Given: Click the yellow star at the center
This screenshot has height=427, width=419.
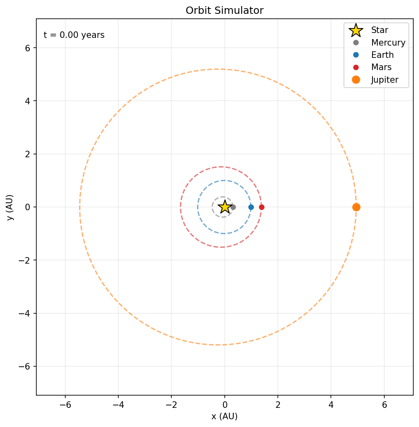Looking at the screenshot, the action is click(x=225, y=207).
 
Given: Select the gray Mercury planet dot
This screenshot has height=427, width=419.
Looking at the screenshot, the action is click(x=233, y=207).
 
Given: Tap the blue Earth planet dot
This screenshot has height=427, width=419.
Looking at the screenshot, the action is click(x=251, y=207).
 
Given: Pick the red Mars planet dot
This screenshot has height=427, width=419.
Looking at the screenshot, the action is click(x=262, y=207).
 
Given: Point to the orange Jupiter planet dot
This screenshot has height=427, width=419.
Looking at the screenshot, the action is click(x=356, y=207).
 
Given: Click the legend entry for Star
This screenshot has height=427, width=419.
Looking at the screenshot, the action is click(x=379, y=30).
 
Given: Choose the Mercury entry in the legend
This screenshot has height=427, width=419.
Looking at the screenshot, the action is click(x=388, y=43).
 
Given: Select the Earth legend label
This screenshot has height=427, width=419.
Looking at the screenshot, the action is click(x=382, y=55).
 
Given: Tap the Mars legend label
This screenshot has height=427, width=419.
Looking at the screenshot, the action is click(x=381, y=67).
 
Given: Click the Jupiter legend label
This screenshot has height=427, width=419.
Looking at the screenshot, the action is click(x=385, y=80).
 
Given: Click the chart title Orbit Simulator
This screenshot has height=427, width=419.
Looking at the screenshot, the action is click(x=225, y=10).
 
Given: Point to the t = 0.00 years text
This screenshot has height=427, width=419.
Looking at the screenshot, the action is click(x=74, y=35).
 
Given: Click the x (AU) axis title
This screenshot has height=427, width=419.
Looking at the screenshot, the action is click(x=225, y=416).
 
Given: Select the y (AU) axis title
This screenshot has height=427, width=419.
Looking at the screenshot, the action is click(x=10, y=207).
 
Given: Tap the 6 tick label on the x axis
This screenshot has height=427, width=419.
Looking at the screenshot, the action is click(x=384, y=405).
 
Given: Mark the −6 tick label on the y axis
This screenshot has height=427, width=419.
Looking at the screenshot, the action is click(x=24, y=367).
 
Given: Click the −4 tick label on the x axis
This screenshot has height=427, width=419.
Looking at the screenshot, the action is click(x=118, y=405).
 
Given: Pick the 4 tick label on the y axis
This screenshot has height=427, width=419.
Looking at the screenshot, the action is click(x=27, y=101).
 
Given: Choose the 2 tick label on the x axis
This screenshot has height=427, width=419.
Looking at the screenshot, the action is click(x=278, y=405).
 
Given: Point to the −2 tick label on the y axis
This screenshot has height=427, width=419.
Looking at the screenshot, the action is click(x=24, y=260).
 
